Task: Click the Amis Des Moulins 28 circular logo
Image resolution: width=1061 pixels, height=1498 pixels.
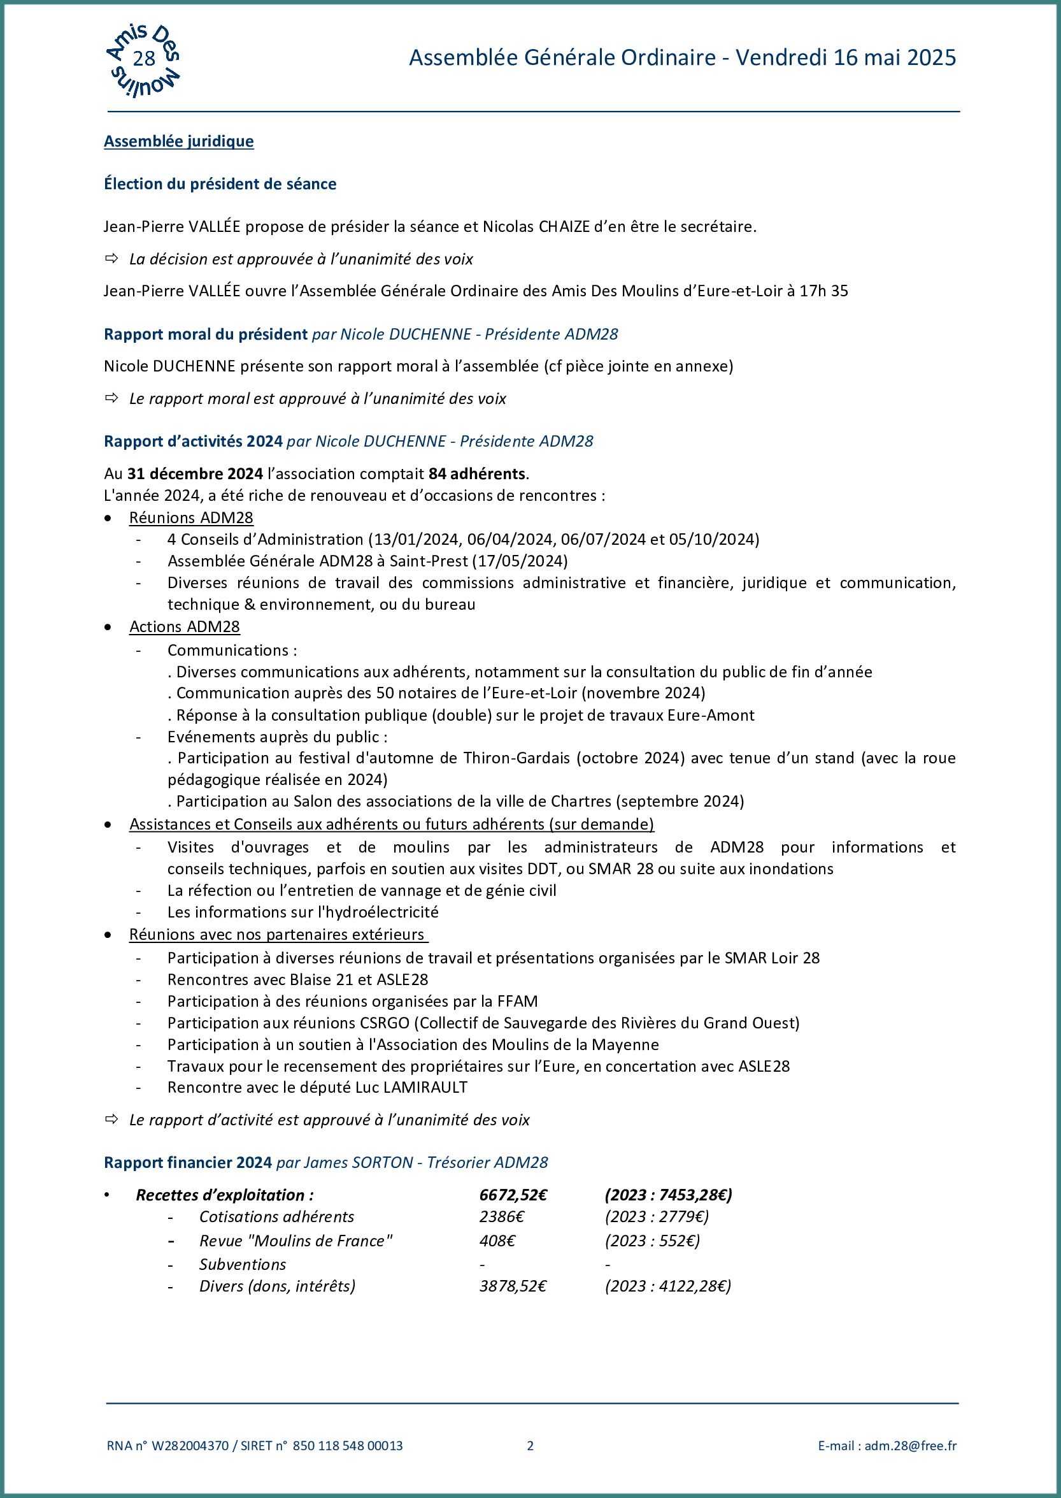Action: (x=143, y=60)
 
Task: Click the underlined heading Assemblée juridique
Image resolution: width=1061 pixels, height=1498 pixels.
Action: (x=178, y=141)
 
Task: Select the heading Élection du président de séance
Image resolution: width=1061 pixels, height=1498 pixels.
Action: (x=220, y=184)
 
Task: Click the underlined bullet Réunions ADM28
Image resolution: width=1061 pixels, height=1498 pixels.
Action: (x=191, y=517)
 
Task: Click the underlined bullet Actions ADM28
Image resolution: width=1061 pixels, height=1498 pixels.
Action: (x=184, y=627)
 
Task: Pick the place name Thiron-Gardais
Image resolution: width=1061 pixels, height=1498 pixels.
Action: (x=520, y=758)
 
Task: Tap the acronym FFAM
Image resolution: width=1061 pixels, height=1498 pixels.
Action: (x=517, y=1001)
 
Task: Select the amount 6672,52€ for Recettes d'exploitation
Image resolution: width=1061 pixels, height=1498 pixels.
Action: (x=513, y=1195)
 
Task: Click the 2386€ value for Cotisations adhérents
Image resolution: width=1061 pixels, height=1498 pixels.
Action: (x=502, y=1217)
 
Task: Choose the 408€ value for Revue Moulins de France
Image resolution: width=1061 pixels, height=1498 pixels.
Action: (x=497, y=1241)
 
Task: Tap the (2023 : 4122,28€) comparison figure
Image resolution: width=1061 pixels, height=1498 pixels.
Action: (x=667, y=1286)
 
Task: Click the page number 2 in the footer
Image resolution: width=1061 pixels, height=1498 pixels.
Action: (x=530, y=1446)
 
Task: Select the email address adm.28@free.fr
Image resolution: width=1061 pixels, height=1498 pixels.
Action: (x=910, y=1446)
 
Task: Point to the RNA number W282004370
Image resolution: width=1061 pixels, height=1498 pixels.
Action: (x=190, y=1446)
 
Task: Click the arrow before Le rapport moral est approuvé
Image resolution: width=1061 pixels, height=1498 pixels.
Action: (x=111, y=398)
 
